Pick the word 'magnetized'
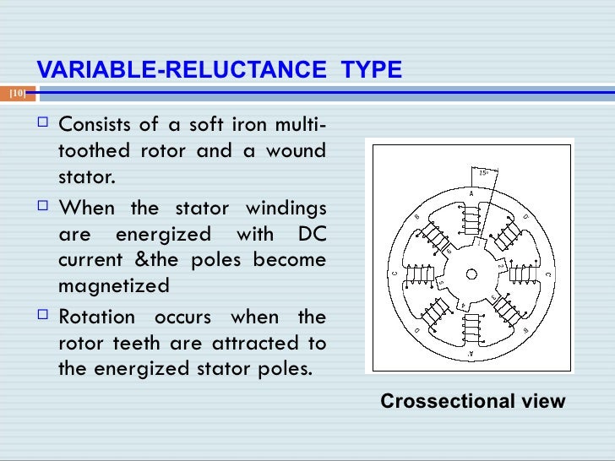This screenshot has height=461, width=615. (113, 286)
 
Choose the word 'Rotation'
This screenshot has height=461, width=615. (96, 317)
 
